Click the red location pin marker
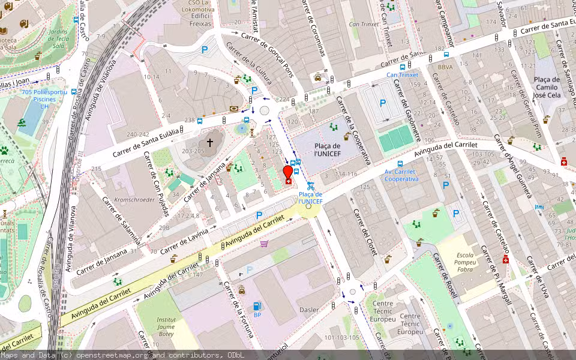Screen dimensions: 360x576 pyautogui.click(x=288, y=173)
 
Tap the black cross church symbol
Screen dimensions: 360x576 pyautogui.click(x=210, y=142)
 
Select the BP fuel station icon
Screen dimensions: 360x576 pyautogui.click(x=257, y=307)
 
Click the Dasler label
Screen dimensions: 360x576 pyautogui.click(x=309, y=310)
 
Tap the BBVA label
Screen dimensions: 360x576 pyautogui.click(x=445, y=68)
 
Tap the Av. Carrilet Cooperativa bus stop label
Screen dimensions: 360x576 pyautogui.click(x=401, y=175)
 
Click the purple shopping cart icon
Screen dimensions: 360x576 pyautogui.click(x=264, y=243)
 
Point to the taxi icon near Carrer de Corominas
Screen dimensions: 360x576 pyautogui.click(x=317, y=77)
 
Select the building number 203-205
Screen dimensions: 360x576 pyautogui.click(x=193, y=151)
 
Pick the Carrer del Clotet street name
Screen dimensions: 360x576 pyautogui.click(x=365, y=232)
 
